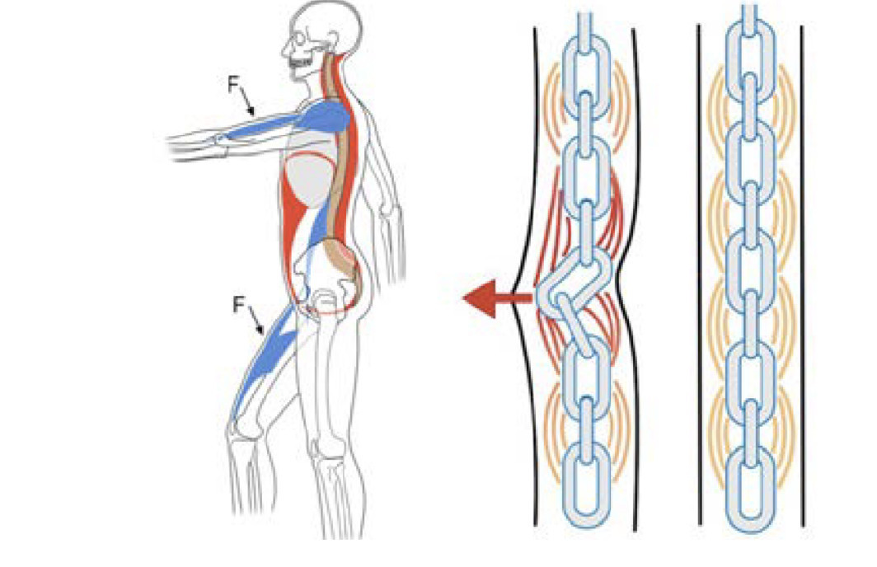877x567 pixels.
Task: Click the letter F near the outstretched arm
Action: (233, 84)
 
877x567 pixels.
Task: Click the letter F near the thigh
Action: (239, 305)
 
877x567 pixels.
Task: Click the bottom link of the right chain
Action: (751, 486)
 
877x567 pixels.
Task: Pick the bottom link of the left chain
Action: (586, 484)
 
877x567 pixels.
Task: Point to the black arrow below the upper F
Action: (247, 104)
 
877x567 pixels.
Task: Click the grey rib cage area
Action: (311, 179)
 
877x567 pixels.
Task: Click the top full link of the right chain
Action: (751, 62)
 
